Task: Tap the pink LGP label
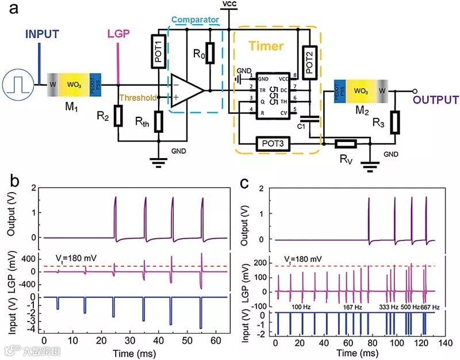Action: click(x=118, y=34)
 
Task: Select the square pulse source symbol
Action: click(x=16, y=85)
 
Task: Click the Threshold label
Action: click(x=137, y=97)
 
